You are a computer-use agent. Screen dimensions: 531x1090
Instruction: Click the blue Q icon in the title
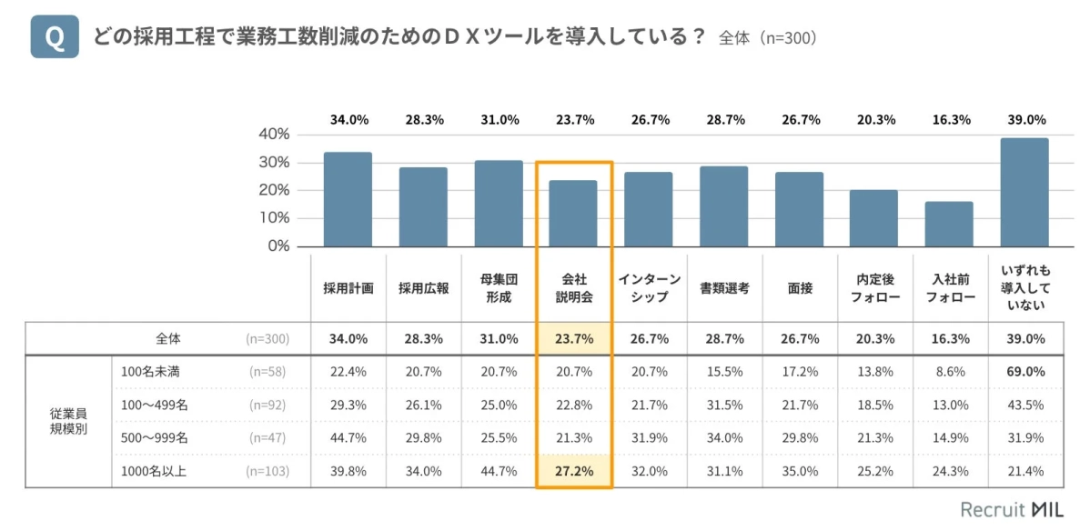[55, 37]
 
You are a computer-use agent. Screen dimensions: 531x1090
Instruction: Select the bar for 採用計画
[348, 199]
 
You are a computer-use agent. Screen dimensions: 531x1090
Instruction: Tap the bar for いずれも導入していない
[1024, 192]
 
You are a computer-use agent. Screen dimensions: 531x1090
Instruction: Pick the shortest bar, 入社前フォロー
[948, 224]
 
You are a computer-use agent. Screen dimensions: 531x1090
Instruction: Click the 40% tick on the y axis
[272, 134]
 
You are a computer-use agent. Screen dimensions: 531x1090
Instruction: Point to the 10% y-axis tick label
[272, 218]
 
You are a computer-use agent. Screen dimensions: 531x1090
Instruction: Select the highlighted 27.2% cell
[574, 470]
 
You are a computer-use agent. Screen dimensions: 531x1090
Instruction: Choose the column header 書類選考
[724, 288]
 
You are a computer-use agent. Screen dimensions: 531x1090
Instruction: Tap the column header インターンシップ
[649, 288]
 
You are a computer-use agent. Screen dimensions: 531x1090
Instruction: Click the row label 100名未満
[151, 371]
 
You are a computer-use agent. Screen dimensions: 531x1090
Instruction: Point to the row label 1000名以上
[154, 470]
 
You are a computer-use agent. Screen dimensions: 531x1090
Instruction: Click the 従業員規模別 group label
[68, 420]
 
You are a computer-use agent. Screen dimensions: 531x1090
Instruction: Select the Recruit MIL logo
[1012, 509]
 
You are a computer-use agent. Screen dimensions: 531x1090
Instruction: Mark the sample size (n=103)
[267, 470]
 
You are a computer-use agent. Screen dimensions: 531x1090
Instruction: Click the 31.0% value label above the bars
[499, 119]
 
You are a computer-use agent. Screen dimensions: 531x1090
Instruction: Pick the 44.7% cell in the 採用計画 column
[348, 437]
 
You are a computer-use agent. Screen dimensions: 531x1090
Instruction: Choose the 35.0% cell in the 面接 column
[800, 470]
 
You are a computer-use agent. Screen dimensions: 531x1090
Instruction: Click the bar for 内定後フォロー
[873, 218]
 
